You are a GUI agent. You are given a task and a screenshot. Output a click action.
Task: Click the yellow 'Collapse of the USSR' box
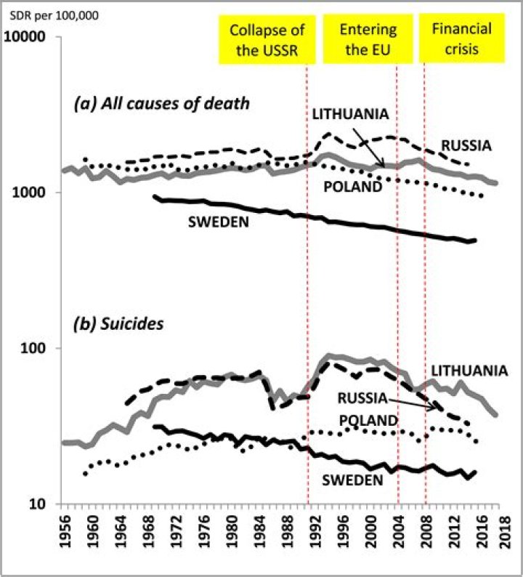(266, 40)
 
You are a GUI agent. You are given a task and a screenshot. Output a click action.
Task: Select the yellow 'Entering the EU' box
(368, 40)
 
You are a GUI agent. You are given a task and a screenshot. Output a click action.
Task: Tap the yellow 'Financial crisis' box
(461, 39)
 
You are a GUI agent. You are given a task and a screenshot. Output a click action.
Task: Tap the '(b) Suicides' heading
(120, 322)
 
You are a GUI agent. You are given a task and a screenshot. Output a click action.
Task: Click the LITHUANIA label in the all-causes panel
(351, 114)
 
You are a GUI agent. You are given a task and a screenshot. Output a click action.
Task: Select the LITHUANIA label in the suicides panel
(466, 371)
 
